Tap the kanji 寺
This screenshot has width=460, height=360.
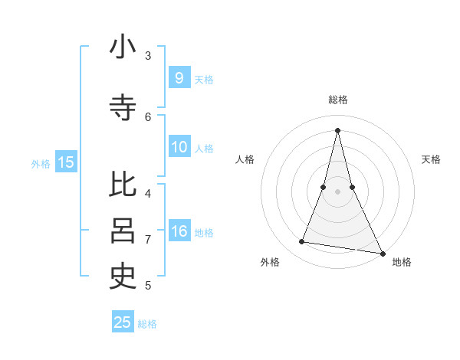point(123,108)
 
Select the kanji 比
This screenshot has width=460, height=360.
point(123,185)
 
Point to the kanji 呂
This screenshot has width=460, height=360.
point(123,231)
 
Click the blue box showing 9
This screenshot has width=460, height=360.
point(179,77)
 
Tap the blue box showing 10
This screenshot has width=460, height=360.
point(179,147)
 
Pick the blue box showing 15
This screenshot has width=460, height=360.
point(66,162)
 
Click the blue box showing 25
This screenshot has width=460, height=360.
point(123,322)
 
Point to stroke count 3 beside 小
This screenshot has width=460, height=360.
point(148,56)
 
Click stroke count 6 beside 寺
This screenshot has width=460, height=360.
point(148,116)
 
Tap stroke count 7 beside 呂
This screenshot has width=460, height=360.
point(148,239)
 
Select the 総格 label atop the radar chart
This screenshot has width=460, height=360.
point(337,100)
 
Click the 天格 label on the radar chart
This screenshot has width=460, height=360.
point(431,159)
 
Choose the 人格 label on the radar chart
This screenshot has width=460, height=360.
point(245,159)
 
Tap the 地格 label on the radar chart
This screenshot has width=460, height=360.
point(402,262)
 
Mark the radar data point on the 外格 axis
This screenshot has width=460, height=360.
point(302,242)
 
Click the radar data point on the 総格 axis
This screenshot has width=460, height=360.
point(337,130)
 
